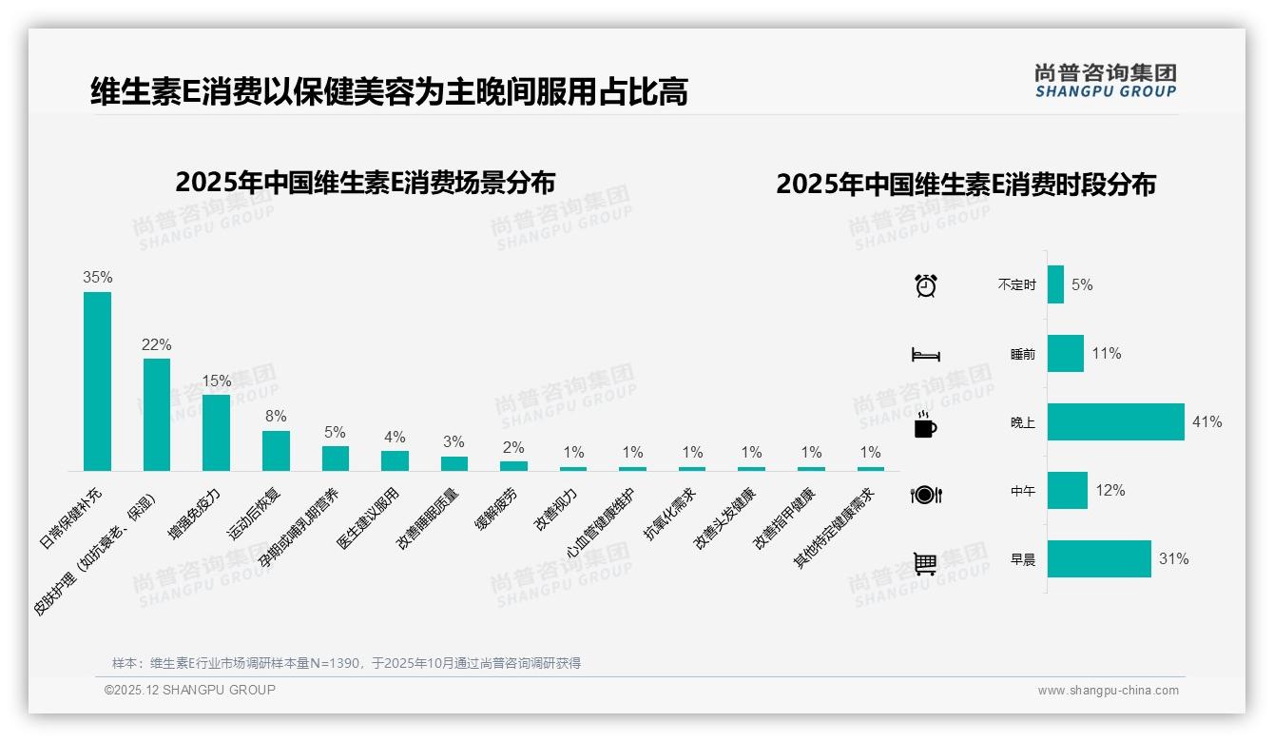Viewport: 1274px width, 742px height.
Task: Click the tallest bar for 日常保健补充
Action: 97,381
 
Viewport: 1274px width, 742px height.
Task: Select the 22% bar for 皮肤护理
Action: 157,414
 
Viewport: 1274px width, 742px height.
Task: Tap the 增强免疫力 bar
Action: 216,432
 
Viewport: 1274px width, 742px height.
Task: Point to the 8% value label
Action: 276,416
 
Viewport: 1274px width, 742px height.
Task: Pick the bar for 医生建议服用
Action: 395,460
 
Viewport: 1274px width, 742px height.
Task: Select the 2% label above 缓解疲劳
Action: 513,447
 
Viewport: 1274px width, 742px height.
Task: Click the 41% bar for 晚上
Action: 1115,421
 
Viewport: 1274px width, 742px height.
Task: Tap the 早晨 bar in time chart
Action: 1099,558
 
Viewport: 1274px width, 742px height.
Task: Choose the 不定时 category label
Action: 1016,284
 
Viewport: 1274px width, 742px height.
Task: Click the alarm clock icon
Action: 925,284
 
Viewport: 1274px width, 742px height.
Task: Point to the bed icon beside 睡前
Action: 925,354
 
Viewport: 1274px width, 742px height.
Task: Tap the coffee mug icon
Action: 925,425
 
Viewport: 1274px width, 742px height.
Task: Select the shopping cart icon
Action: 925,563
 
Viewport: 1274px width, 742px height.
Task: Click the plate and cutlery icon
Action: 925,494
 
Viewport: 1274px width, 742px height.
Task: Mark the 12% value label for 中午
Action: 1110,490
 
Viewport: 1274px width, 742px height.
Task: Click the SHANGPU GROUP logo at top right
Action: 1105,81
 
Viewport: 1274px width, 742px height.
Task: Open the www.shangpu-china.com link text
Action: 1108,691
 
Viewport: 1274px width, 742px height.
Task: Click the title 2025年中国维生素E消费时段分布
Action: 965,184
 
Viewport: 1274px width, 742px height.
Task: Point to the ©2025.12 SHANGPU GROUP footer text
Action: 190,690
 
